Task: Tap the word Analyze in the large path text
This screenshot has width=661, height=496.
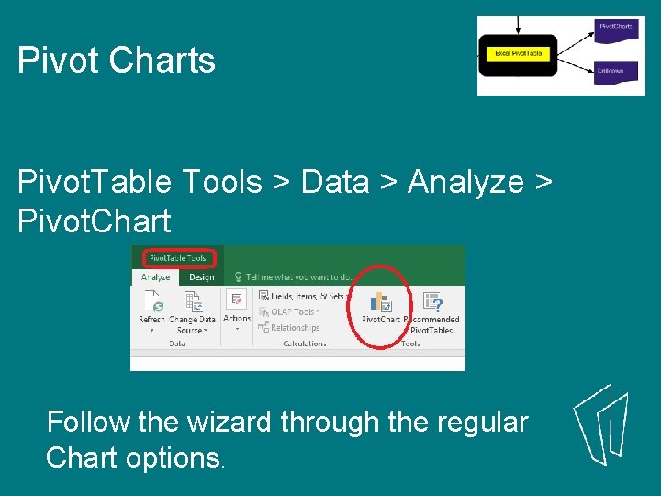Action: [465, 182]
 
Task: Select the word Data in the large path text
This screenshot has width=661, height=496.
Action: [335, 182]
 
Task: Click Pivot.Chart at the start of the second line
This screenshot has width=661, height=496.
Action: [94, 221]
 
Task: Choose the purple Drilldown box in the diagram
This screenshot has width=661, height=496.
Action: [611, 72]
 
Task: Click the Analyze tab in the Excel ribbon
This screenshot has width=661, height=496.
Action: [155, 276]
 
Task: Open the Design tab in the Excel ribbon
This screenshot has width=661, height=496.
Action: [201, 276]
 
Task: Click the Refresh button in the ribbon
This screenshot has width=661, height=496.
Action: [151, 310]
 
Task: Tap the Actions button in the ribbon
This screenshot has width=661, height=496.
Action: [237, 307]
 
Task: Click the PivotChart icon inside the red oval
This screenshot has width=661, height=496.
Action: [380, 302]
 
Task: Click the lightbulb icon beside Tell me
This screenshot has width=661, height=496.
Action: [237, 276]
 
